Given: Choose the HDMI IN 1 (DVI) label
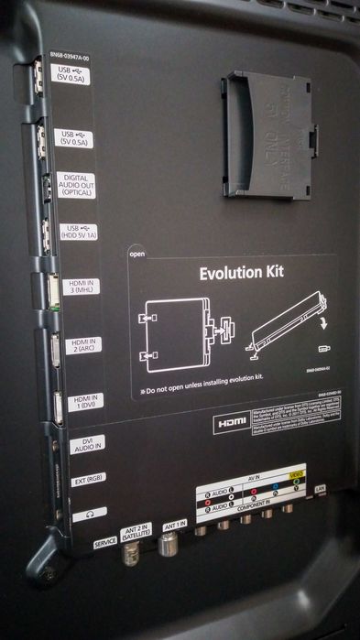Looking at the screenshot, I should point(84,401).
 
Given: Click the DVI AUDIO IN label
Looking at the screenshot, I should point(87,444).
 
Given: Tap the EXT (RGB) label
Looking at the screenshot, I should point(88,478).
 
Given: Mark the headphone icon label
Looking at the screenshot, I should point(89,514).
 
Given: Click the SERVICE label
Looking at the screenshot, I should point(105,542).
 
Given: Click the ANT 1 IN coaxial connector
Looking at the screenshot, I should point(168,547).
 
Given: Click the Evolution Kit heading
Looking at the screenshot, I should point(242,272).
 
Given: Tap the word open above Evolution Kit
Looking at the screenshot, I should point(137,255).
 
